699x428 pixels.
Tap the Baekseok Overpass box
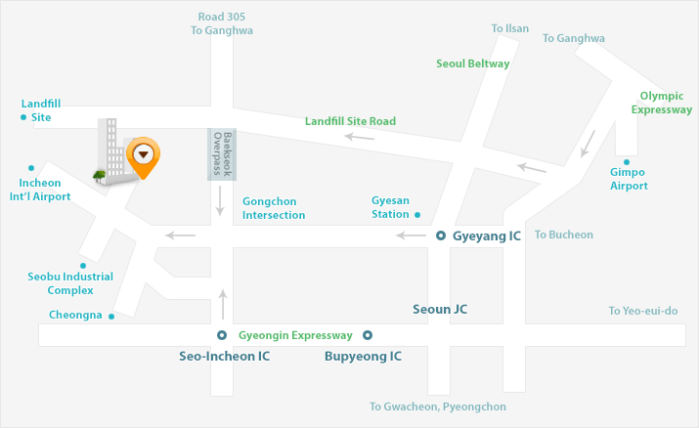click(x=222, y=154)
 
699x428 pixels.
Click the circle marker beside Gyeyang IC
click(x=440, y=235)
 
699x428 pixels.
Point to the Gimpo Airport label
click(x=629, y=180)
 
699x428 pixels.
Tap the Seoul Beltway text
click(x=472, y=64)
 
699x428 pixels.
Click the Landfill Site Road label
click(x=350, y=121)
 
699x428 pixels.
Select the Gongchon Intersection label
click(x=274, y=208)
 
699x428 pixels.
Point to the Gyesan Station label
click(x=390, y=207)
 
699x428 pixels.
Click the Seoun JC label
click(x=440, y=309)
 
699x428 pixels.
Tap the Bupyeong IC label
click(x=363, y=357)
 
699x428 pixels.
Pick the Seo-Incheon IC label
click(x=224, y=357)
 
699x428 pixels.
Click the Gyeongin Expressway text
click(x=295, y=335)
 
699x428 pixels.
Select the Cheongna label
click(x=75, y=315)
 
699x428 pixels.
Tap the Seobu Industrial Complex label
click(x=70, y=283)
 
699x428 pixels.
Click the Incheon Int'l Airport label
click(x=39, y=190)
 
